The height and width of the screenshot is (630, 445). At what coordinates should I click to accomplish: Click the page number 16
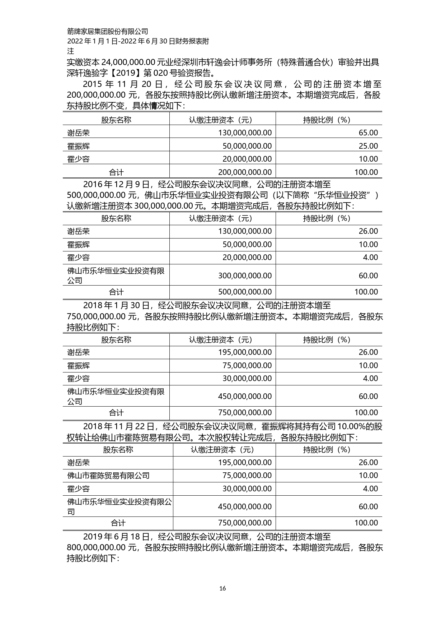(222, 588)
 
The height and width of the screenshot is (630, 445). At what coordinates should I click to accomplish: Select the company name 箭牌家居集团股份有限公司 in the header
(108, 32)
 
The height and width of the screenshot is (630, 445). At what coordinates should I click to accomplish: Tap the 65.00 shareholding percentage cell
(368, 133)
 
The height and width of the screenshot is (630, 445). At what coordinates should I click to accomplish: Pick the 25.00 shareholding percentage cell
(368, 146)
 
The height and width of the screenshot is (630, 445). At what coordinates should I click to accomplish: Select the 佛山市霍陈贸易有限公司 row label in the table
(109, 476)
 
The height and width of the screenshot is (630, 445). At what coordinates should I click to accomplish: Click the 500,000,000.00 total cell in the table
(245, 292)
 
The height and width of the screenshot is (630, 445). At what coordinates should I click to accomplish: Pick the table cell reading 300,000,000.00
(245, 275)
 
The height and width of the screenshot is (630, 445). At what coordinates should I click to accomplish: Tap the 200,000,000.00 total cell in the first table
(245, 172)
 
